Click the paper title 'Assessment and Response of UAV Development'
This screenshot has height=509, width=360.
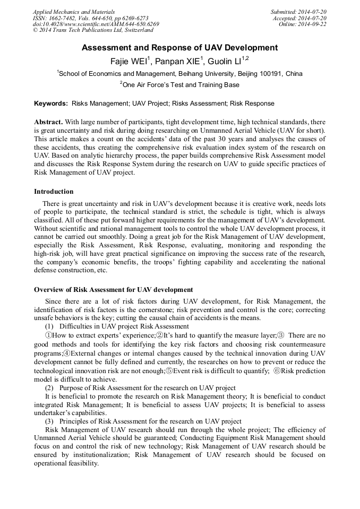(179, 48)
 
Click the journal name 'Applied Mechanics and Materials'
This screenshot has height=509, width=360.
(73, 12)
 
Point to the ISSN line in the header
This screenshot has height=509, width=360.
(90, 18)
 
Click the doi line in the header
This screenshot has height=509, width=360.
(96, 24)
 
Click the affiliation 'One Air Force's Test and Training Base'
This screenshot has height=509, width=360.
(181, 85)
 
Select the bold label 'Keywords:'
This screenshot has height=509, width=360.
(51, 103)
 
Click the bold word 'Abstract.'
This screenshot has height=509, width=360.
(48, 122)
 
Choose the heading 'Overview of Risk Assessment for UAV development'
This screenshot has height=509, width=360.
(113, 290)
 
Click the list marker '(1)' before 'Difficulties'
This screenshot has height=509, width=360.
(49, 326)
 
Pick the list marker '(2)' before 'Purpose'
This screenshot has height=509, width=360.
(49, 388)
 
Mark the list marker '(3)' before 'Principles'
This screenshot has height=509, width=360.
(49, 421)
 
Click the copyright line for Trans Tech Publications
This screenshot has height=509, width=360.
(93, 31)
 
